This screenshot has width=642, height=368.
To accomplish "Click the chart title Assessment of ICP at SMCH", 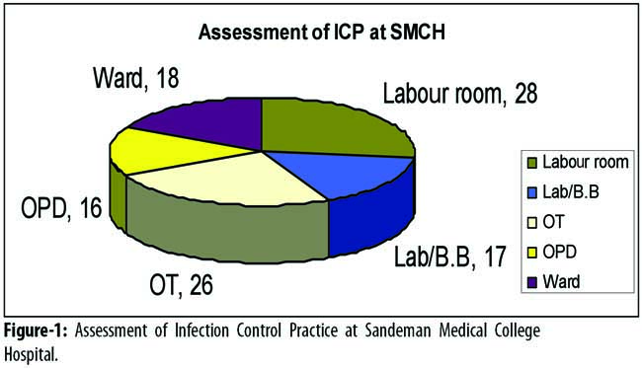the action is [x=321, y=33].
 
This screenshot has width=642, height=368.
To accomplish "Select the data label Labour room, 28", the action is [x=460, y=93].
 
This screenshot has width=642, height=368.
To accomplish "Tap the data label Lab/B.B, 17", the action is [x=450, y=257].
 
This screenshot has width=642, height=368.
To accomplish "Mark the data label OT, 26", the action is [x=181, y=284].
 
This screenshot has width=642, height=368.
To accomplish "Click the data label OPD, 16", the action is [x=61, y=208].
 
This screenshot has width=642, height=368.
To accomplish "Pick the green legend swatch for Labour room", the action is [x=531, y=163].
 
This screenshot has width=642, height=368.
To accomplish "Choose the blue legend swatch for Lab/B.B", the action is [x=531, y=193].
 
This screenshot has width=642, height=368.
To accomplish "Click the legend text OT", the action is [x=553, y=222].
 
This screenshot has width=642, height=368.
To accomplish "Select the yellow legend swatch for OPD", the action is [x=531, y=254].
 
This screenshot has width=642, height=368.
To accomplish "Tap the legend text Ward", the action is [x=561, y=282].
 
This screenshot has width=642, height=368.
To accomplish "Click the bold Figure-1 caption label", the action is [x=36, y=331].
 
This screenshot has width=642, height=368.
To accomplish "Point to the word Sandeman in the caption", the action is [x=398, y=331].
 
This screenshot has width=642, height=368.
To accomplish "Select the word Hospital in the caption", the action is [x=32, y=354].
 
